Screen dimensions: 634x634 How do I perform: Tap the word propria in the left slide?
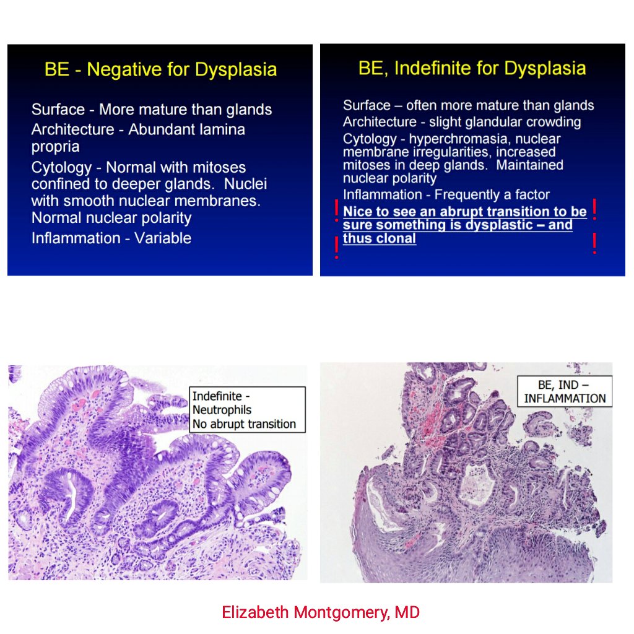[x=55, y=147]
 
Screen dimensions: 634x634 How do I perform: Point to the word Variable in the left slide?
[x=163, y=238]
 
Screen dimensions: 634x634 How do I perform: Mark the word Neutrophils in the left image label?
[x=222, y=410]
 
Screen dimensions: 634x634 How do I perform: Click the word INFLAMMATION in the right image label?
[x=565, y=399]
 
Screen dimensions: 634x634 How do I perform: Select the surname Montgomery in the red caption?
[x=342, y=612]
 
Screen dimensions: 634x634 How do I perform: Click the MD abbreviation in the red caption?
[x=407, y=612]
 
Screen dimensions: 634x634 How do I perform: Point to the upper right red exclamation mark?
[x=594, y=209]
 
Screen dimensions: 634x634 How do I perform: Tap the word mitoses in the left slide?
[x=220, y=167]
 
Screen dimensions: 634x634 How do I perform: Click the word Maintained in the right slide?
[x=530, y=165]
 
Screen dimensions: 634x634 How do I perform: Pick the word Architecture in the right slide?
[x=380, y=122]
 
